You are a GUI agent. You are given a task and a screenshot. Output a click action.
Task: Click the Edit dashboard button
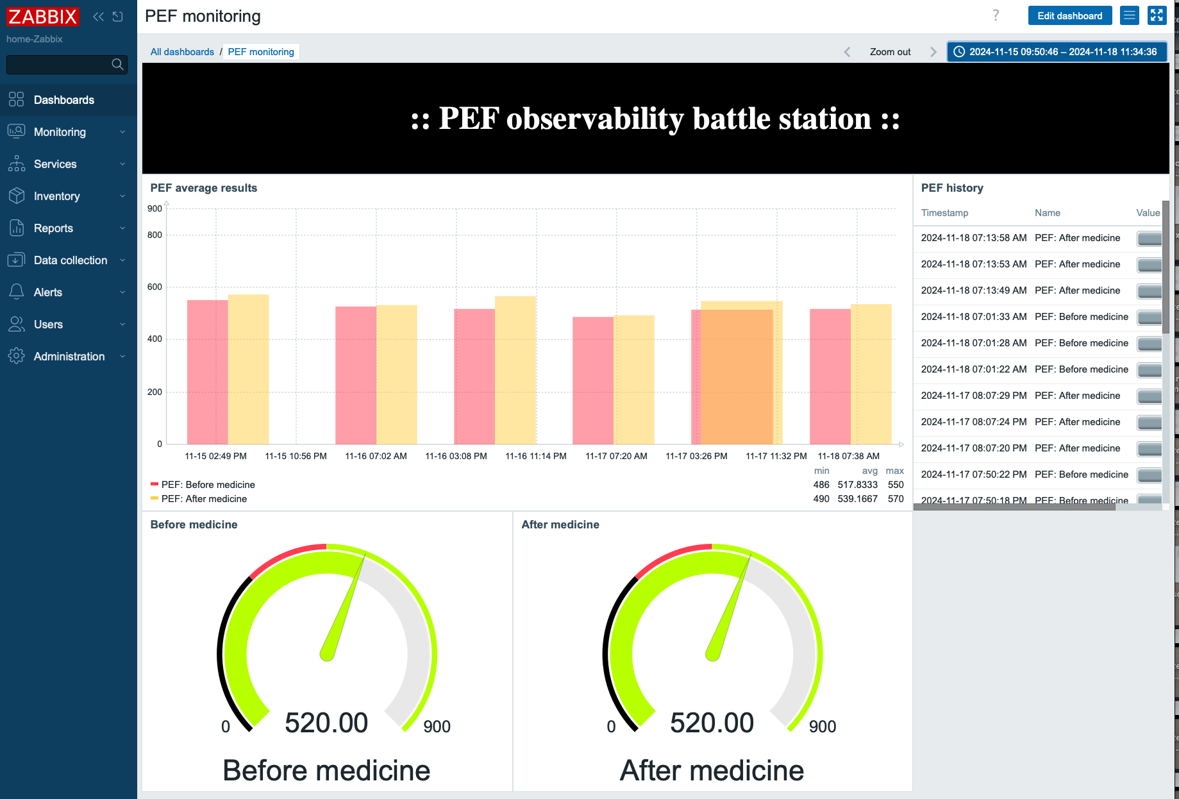click(x=1069, y=16)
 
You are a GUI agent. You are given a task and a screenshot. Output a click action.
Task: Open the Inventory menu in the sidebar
click(x=56, y=196)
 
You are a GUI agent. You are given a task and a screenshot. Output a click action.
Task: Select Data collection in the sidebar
click(x=70, y=260)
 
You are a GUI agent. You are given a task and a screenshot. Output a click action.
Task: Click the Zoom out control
click(x=889, y=52)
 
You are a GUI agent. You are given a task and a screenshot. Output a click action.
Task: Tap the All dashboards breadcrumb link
click(x=182, y=52)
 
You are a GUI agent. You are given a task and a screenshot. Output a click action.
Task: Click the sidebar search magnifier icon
click(x=117, y=64)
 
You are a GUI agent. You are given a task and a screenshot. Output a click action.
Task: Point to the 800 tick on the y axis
click(x=155, y=235)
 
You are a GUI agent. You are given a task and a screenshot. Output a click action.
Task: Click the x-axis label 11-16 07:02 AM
click(x=376, y=456)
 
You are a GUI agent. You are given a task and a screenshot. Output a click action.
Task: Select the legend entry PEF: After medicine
click(x=204, y=499)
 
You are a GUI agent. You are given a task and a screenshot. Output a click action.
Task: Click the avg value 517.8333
click(x=857, y=485)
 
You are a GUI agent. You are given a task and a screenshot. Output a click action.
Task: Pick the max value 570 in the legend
click(x=896, y=499)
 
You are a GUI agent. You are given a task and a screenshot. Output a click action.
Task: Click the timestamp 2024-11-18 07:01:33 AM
click(x=973, y=317)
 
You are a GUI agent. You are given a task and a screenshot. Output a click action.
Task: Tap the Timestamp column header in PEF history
click(x=944, y=213)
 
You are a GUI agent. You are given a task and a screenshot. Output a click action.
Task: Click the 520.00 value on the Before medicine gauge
click(x=326, y=723)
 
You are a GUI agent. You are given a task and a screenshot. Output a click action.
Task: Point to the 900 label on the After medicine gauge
click(x=823, y=727)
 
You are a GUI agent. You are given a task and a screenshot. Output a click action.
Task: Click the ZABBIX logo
click(x=42, y=17)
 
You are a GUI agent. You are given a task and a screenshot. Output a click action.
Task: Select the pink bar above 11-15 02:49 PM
click(x=206, y=372)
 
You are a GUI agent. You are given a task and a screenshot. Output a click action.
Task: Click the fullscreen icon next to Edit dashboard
click(x=1157, y=15)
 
